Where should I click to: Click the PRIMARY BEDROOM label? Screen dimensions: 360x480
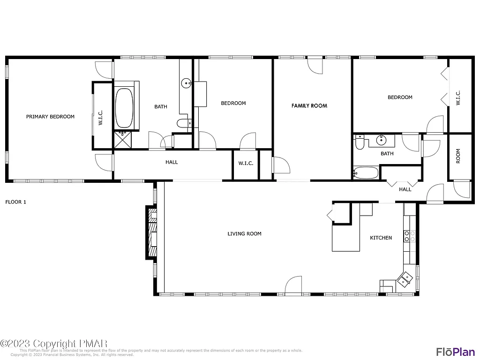[x=50, y=117]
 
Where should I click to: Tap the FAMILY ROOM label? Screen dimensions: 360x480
[x=309, y=106]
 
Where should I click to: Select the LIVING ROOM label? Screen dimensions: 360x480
[x=244, y=233]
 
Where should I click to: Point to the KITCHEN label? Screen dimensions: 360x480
[x=381, y=238]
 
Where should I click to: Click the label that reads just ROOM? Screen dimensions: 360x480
[x=458, y=156]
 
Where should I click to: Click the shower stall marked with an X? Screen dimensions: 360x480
[x=123, y=139]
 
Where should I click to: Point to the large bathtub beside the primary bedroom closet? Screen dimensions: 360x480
[x=124, y=108]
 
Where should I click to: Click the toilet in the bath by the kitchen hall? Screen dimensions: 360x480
[x=360, y=142]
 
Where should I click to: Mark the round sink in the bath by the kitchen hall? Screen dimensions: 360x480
[x=382, y=139]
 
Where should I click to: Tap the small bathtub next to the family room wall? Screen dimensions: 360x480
[x=365, y=173]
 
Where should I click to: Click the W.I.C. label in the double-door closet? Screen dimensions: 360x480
[x=458, y=97]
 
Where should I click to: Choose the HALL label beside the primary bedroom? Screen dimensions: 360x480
[x=172, y=162]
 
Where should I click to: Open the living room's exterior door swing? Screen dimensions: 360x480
[x=293, y=285]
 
